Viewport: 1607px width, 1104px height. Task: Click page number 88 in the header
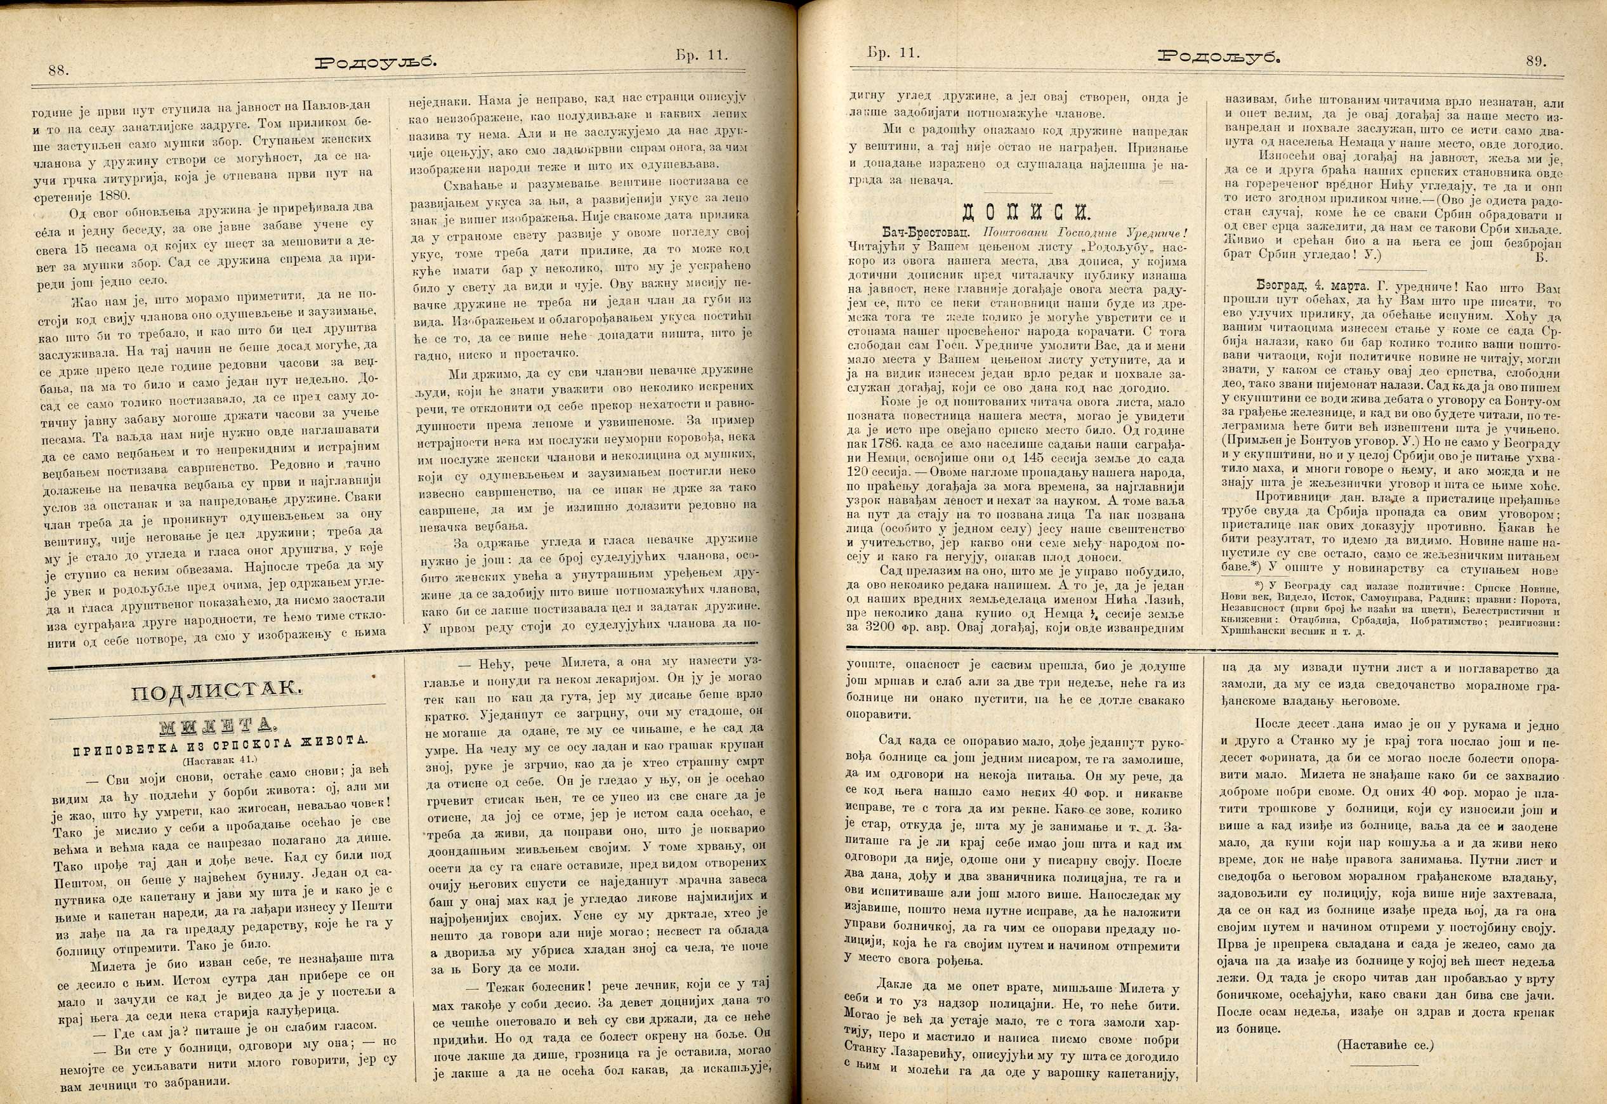click(56, 70)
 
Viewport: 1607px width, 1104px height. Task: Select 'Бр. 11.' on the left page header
click(701, 55)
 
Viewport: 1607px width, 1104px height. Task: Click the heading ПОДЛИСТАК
click(216, 689)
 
